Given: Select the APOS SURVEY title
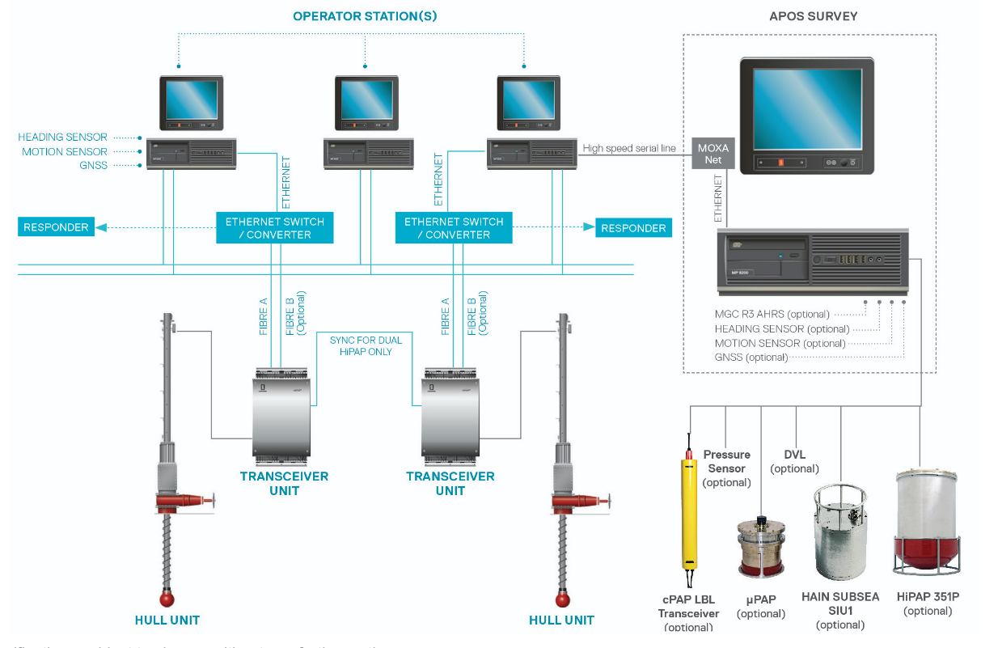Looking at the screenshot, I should (x=813, y=16).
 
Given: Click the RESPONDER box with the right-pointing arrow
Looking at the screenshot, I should (x=633, y=228).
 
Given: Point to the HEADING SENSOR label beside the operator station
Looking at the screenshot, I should (x=63, y=138).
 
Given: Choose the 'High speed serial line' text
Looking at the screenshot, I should (x=629, y=148).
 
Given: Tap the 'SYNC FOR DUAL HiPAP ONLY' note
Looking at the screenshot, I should (x=366, y=345).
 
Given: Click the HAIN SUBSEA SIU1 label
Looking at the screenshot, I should (x=840, y=604).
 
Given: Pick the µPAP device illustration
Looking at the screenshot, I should (x=760, y=548).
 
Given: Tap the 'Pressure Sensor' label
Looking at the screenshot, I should (x=726, y=461).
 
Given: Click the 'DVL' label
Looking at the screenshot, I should (x=794, y=455).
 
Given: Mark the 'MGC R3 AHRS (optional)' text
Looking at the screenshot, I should (x=772, y=314).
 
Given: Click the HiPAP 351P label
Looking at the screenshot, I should (x=928, y=597).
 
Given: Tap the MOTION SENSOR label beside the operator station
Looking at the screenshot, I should (x=65, y=151).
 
